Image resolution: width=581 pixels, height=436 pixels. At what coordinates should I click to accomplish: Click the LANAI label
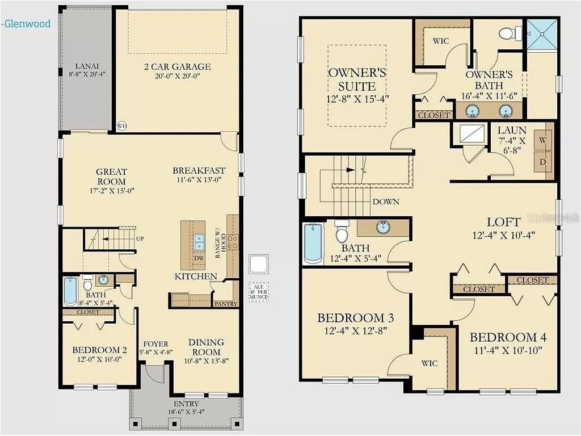coord(87,65)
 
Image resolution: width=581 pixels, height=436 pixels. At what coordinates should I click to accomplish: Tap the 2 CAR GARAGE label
coord(177,66)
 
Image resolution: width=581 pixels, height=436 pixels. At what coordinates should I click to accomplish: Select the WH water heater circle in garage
coord(121,126)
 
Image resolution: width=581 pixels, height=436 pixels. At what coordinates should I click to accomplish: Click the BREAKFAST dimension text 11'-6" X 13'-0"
coord(199,180)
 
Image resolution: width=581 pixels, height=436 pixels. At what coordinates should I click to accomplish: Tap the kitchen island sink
coord(199,242)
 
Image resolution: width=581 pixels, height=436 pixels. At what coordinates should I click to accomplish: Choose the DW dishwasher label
coord(199,258)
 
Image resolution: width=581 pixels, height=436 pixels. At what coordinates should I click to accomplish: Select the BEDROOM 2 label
coord(96,350)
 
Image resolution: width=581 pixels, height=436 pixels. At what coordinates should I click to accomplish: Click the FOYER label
coord(154,343)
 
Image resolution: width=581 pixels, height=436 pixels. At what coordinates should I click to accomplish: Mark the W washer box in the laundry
coord(542,139)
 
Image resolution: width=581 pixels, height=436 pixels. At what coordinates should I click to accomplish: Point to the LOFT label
coord(504,222)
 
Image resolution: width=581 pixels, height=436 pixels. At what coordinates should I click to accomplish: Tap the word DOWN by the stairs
coord(386,202)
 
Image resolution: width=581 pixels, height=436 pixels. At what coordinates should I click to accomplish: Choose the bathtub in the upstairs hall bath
coord(313,243)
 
